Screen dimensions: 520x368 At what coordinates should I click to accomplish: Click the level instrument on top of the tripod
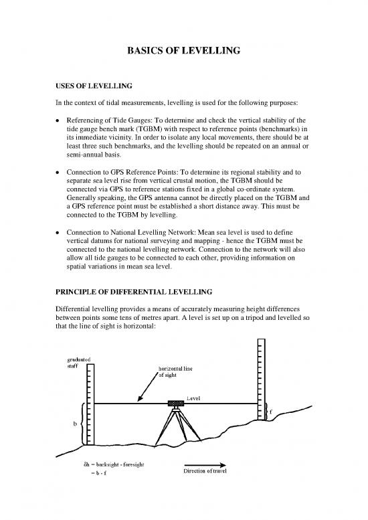click(x=177, y=404)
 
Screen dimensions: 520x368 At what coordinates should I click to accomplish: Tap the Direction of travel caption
click(x=205, y=471)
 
